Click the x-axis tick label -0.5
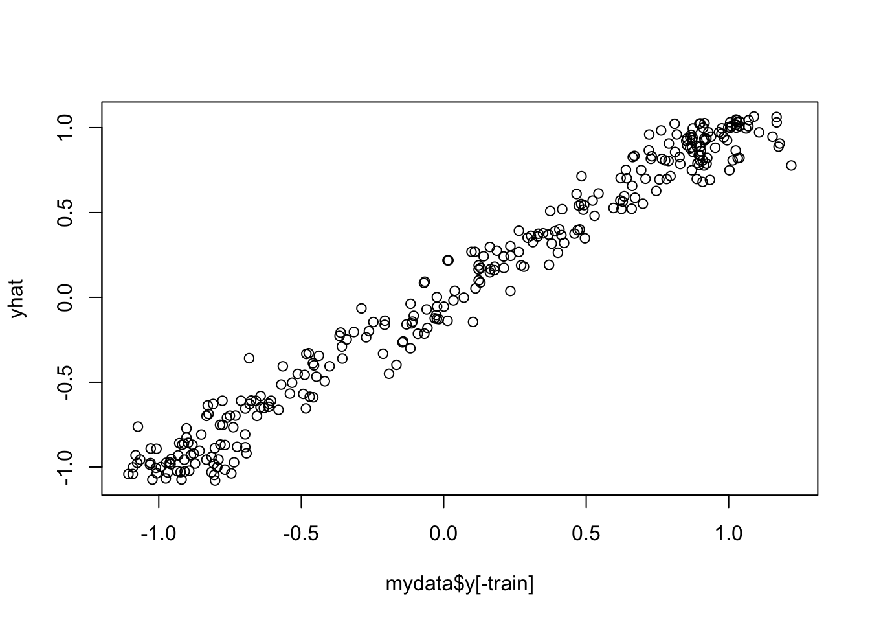pos(301,535)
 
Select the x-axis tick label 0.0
pos(443,535)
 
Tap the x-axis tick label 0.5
pos(586,535)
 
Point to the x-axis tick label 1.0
pos(728,535)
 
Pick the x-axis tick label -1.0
pos(159,535)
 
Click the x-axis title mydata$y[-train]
pos(460,584)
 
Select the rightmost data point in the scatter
pos(791,165)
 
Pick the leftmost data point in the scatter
pos(128,474)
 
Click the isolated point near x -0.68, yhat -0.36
pos(249,358)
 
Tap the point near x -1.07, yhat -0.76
pos(138,426)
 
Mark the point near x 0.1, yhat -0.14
pos(473,322)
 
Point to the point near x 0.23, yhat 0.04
pos(510,291)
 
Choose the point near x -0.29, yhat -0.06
pos(361,308)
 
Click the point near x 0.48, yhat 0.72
pos(581,176)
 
